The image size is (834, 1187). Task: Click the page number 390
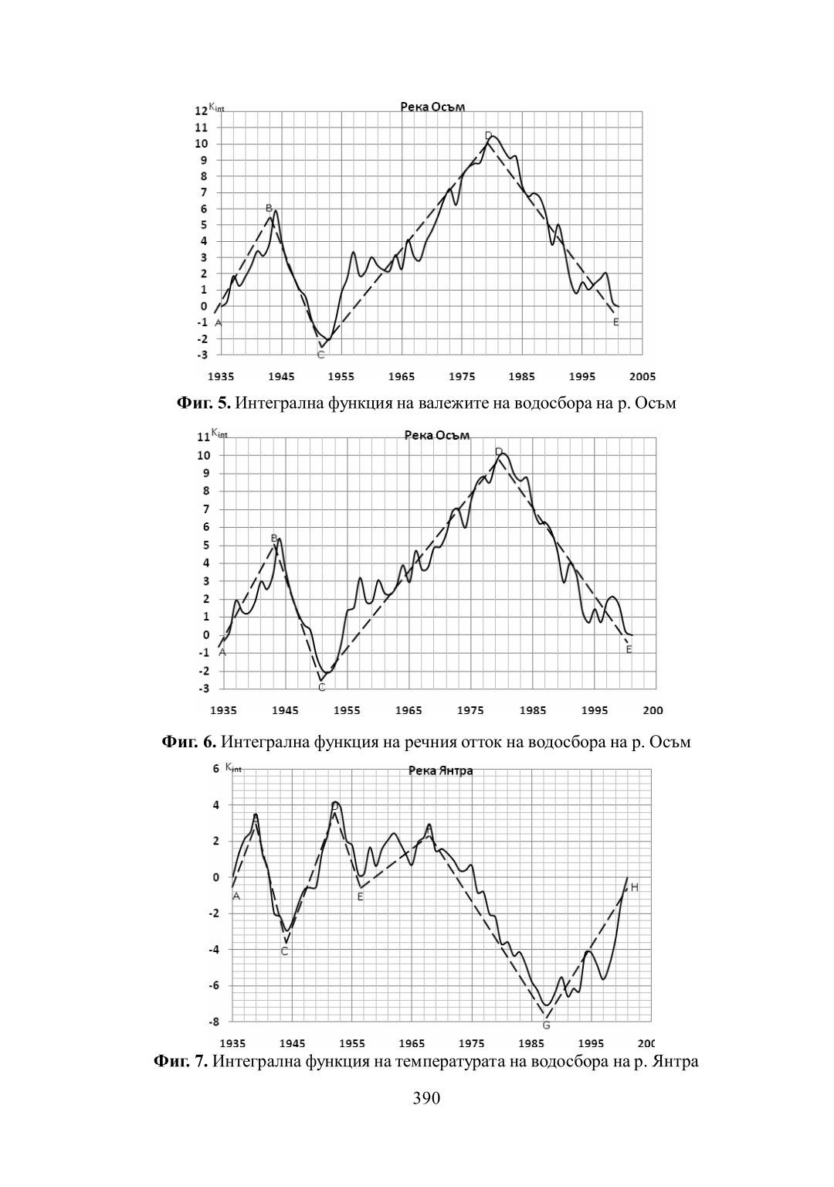coord(426,1098)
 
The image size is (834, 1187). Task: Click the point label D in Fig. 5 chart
coord(488,136)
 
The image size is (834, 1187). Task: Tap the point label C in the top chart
coord(320,355)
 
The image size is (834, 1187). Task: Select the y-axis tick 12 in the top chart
coord(201,111)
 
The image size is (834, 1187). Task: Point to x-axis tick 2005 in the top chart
coord(642,376)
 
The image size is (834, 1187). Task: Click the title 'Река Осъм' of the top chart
coord(432,107)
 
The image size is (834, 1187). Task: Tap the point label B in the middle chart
coord(274,538)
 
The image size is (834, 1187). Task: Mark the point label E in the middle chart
coord(629,650)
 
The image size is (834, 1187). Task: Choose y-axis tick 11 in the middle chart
coord(204,437)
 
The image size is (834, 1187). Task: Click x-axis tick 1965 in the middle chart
coord(409,710)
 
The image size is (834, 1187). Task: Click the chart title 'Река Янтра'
coord(439,770)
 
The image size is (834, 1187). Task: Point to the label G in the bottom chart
coord(546,1025)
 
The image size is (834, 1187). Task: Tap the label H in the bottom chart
coord(634,887)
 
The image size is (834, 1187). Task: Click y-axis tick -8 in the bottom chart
coord(213,1022)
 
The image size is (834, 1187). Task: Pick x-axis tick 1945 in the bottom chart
coord(293,1042)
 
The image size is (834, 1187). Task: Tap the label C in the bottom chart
coord(284,951)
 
